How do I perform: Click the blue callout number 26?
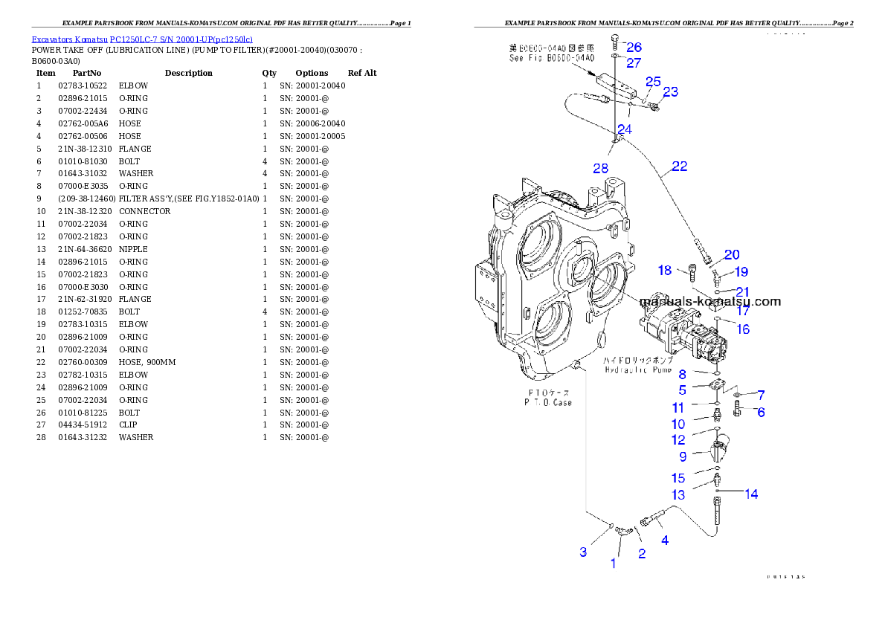pos(634,47)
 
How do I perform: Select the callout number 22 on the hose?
pos(679,167)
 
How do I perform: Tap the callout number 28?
pos(601,169)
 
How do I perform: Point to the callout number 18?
pos(664,270)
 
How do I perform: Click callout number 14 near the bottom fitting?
pos(752,494)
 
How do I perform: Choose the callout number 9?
pos(682,456)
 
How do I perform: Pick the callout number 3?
pos(584,552)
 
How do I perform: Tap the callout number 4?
pos(665,541)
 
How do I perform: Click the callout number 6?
pos(761,412)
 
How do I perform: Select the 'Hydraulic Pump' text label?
pos(638,369)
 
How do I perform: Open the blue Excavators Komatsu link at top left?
pos(142,39)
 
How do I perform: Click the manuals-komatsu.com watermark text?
pos(710,301)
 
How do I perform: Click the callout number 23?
pos(670,92)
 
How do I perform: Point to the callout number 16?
pos(743,329)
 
